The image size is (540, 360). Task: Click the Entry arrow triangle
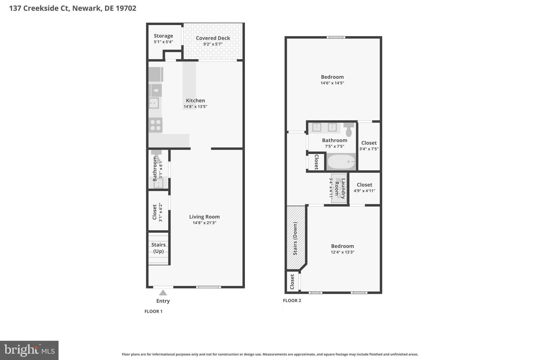click(x=163, y=293)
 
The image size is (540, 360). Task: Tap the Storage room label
click(x=163, y=36)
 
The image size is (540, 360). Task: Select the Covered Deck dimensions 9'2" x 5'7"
click(x=213, y=44)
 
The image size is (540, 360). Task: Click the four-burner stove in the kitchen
click(x=155, y=125)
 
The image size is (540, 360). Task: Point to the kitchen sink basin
click(x=154, y=103)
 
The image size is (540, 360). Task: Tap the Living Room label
click(x=204, y=217)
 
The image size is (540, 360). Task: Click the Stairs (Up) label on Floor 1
click(x=158, y=248)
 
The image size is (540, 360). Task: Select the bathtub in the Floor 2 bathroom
click(x=341, y=162)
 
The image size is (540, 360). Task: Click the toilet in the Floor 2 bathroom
click(x=349, y=129)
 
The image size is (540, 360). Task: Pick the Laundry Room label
click(x=340, y=188)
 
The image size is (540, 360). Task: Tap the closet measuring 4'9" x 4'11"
click(x=364, y=188)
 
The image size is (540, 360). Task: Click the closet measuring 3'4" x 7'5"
click(x=369, y=146)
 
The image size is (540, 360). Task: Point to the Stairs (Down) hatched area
click(x=296, y=238)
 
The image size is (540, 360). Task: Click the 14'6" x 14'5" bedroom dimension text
click(x=332, y=83)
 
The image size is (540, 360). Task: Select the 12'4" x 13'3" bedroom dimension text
click(x=342, y=252)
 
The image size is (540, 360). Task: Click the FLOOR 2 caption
click(x=292, y=300)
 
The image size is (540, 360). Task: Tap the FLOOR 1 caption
click(x=153, y=311)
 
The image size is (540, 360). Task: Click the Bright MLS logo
click(x=29, y=350)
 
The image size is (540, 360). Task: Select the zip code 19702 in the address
click(x=126, y=8)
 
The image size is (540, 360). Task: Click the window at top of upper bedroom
click(x=336, y=37)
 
